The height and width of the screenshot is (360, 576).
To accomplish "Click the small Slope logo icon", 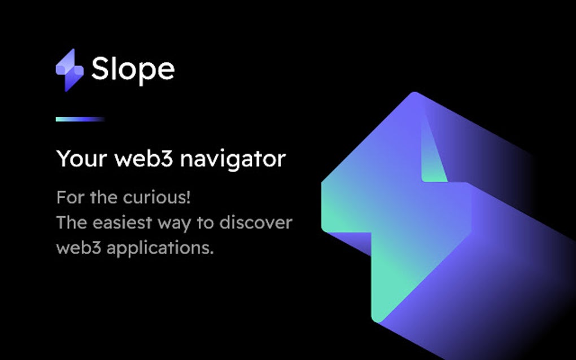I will pyautogui.click(x=69, y=70).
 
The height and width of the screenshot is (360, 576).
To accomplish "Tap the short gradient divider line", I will pyautogui.click(x=80, y=119).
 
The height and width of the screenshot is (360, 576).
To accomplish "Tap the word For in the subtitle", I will pyautogui.click(x=69, y=198).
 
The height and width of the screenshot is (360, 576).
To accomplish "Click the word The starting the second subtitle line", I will pyautogui.click(x=72, y=223).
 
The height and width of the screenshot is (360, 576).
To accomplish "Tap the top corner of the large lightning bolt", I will pyautogui.click(x=415, y=94).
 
